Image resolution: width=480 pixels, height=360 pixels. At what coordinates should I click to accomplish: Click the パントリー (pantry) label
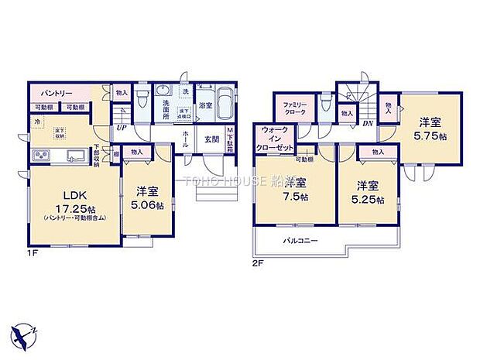52,91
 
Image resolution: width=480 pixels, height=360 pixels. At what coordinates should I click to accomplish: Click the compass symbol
23,334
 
